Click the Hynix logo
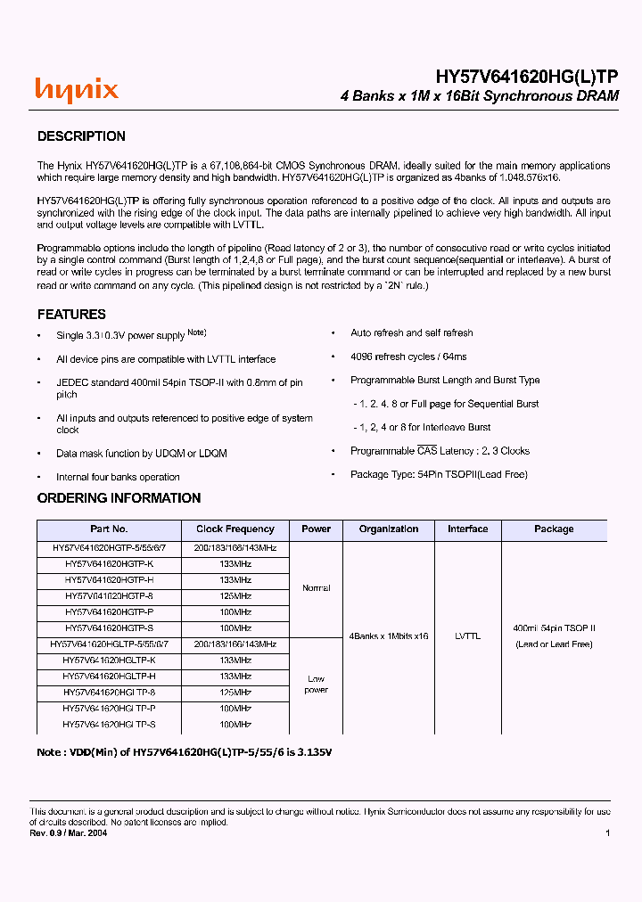pos(76,90)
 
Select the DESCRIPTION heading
pos(81,136)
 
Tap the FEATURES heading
pos(71,315)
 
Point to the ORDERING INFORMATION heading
pos(119,498)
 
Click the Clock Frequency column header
pos(235,529)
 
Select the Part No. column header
pos(109,529)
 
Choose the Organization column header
pos(389,529)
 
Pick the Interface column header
pos(467,529)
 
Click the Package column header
pos(554,529)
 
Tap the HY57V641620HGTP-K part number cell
pos(109,564)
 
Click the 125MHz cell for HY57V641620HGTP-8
pos(235,596)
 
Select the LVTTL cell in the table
pos(467,636)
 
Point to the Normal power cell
pos(316,588)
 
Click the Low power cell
pos(316,685)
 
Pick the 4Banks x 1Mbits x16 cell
pos(389,636)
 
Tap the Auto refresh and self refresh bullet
pos(412,332)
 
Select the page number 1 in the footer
pos(607,832)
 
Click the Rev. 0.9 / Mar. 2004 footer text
pos(68,832)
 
